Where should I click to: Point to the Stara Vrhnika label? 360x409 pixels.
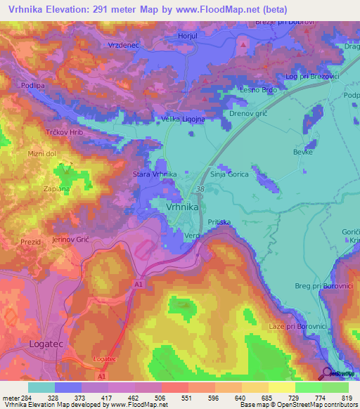(x=155, y=174)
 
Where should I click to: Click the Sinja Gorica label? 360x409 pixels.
(x=231, y=174)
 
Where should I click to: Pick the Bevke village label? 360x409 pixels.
(x=302, y=151)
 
